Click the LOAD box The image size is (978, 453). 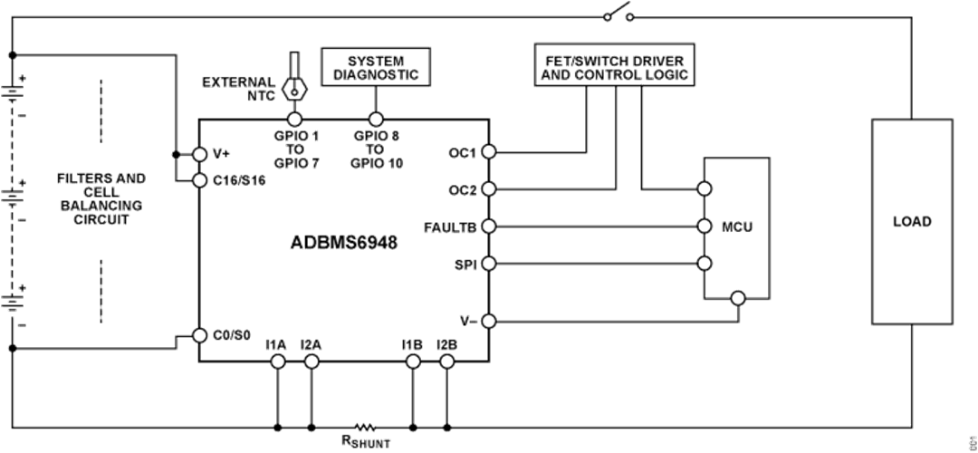point(912,221)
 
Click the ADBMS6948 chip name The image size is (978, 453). point(344,244)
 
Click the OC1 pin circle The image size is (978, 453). point(489,151)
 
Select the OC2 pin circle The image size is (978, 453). point(489,189)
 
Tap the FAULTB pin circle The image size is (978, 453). point(489,226)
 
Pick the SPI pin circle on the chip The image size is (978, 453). point(489,264)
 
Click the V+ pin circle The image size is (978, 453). point(199,153)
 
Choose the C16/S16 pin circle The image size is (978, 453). point(199,181)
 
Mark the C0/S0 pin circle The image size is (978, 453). point(199,335)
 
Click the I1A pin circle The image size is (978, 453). point(277,361)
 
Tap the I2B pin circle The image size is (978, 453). point(446,361)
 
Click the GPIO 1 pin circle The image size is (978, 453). point(293,119)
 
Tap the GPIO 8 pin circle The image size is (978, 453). point(375,119)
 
